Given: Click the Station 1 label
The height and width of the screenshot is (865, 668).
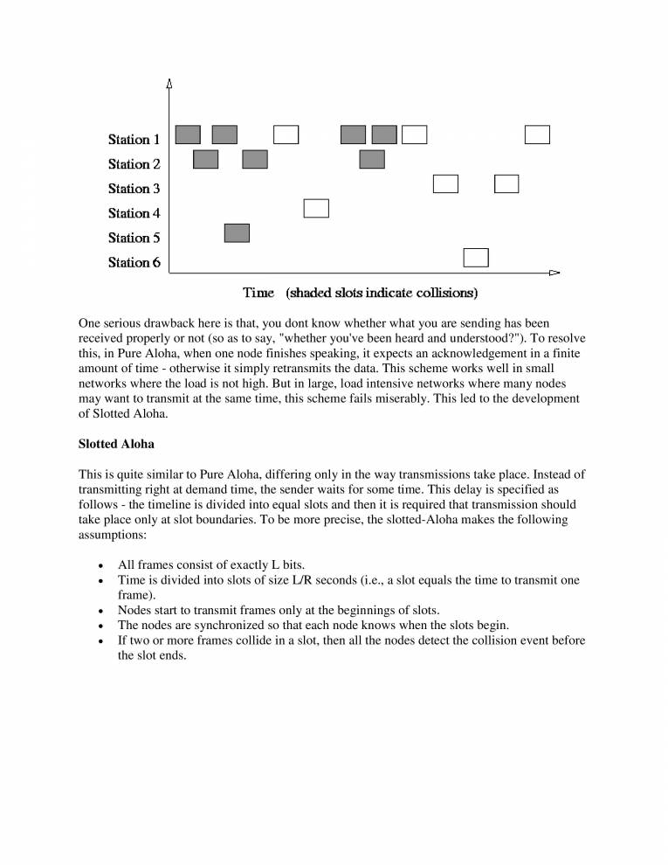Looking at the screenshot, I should (x=134, y=140).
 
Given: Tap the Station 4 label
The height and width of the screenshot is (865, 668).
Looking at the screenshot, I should (x=134, y=213).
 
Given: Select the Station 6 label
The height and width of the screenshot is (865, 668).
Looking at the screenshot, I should (x=134, y=262).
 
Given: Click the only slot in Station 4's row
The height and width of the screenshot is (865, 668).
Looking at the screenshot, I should (x=316, y=208).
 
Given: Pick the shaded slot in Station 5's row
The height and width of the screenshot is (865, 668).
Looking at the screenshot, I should (x=237, y=232).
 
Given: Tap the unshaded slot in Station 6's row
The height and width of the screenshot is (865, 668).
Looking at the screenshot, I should (x=476, y=257).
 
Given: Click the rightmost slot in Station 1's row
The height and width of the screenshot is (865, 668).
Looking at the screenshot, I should (x=537, y=134).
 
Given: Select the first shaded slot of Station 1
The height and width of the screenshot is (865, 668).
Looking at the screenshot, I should (x=188, y=134).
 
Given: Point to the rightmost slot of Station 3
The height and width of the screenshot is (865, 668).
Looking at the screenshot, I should (x=506, y=183).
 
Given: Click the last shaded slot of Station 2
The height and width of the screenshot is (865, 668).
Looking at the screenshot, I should (x=372, y=159).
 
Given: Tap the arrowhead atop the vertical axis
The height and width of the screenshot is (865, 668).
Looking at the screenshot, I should (x=169, y=83).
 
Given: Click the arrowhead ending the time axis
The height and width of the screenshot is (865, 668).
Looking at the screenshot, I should (x=554, y=273).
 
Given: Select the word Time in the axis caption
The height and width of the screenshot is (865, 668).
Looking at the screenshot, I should (x=258, y=292).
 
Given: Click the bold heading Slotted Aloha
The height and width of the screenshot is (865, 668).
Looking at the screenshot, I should (x=116, y=444).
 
